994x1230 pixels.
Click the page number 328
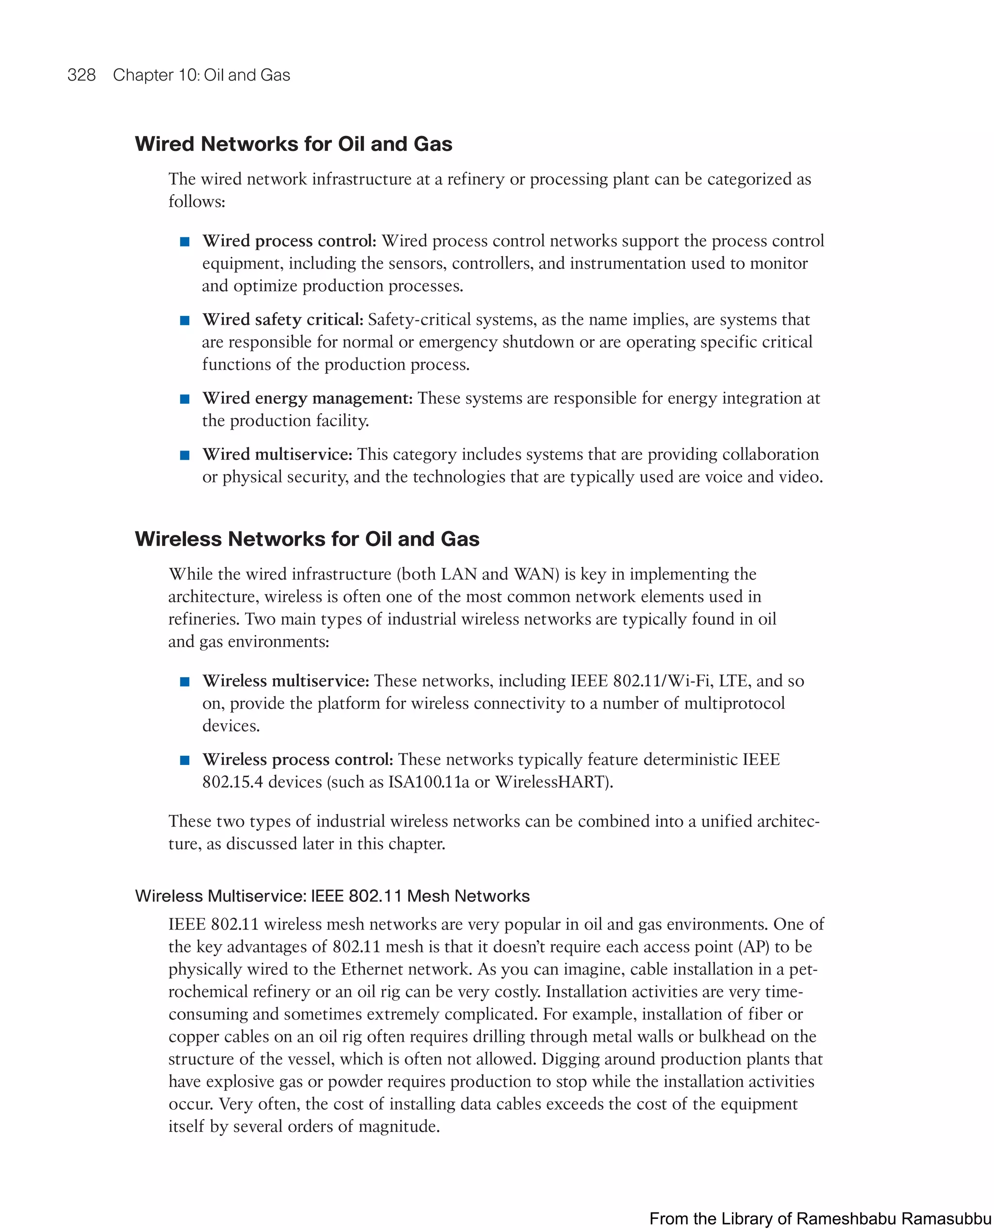coord(82,75)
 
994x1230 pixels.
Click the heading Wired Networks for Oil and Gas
coord(293,144)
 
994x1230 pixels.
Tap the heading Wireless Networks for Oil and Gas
coord(307,539)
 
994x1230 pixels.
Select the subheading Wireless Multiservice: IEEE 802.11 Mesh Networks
coord(332,896)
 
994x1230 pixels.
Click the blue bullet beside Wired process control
coord(184,242)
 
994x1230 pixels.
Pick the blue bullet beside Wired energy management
coord(184,399)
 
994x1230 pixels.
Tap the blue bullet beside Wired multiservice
coord(184,455)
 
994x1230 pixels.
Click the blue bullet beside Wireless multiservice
coord(184,681)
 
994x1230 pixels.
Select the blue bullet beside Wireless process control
coord(184,761)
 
